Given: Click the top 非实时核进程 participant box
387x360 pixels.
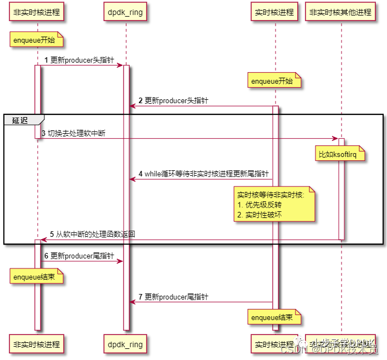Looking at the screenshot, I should click(37, 12).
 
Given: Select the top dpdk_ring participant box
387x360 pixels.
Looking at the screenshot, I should click(126, 12).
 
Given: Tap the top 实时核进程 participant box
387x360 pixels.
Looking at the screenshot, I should click(274, 12).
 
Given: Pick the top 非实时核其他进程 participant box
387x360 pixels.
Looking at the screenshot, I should click(341, 12).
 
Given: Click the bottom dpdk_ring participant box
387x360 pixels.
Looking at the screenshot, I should click(126, 344).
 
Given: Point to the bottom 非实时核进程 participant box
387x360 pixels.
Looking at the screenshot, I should click(37, 344).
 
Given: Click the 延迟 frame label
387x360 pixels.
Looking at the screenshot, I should click(21, 120).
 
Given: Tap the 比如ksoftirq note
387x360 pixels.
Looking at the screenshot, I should click(341, 155).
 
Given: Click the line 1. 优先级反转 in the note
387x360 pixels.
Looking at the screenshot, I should click(255, 205).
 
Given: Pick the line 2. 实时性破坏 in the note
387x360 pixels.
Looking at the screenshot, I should click(255, 214).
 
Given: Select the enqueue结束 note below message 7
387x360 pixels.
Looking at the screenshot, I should click(275, 318).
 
